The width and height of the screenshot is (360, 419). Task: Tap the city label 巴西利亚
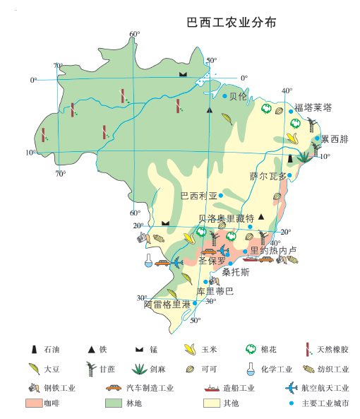point(200,196)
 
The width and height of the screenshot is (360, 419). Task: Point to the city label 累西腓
point(335,139)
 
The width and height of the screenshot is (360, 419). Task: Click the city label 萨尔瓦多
point(269,176)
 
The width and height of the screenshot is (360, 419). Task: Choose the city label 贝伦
point(239,96)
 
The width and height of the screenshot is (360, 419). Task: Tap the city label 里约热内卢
point(273,251)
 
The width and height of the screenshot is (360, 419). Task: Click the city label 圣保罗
point(212,261)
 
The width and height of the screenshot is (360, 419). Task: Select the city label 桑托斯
point(236,272)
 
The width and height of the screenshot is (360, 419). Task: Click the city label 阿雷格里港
point(167,305)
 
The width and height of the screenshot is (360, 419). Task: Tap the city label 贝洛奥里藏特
point(226,219)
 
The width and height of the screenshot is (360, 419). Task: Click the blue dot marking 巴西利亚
point(220,196)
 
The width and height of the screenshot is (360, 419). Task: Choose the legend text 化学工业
point(276,368)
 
